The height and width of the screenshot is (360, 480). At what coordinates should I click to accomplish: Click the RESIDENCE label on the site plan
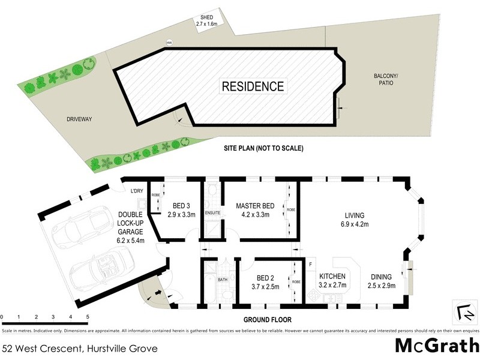pos(253,86)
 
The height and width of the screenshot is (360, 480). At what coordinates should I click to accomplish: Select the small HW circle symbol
pos(169,42)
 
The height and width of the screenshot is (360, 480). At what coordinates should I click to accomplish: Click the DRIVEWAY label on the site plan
pos(79,120)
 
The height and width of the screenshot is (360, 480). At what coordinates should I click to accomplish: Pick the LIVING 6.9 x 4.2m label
pos(354,219)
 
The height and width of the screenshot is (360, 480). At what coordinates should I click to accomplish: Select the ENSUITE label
pos(213,212)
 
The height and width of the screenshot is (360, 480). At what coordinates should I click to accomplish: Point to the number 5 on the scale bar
pos(88,316)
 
